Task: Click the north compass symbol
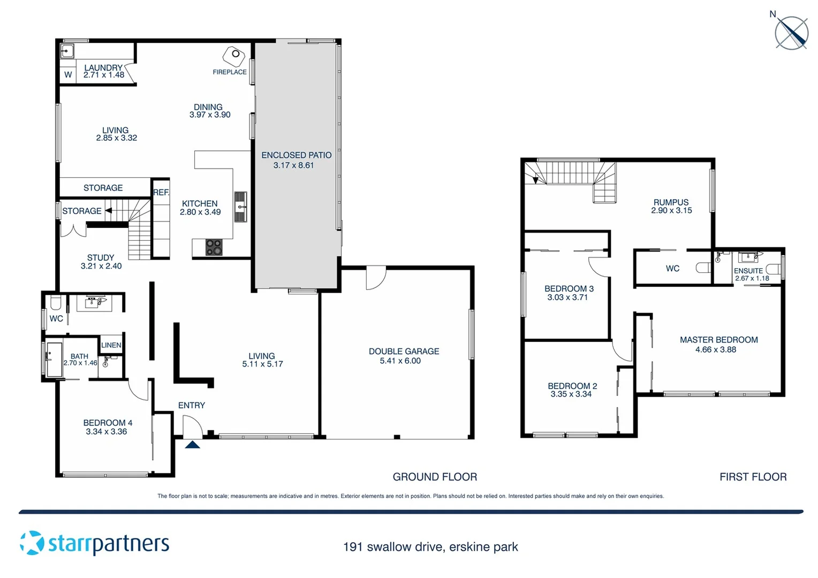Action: pyautogui.click(x=791, y=33)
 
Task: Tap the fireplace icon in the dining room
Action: pyautogui.click(x=234, y=56)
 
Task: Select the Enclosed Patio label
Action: pyautogui.click(x=296, y=155)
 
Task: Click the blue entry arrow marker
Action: pyautogui.click(x=192, y=444)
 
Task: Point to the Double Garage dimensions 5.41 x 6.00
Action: pyautogui.click(x=400, y=361)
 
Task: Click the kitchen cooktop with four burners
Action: pyautogui.click(x=214, y=247)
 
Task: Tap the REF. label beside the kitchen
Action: pyautogui.click(x=161, y=193)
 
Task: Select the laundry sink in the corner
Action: pyautogui.click(x=67, y=51)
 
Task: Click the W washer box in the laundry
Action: pyautogui.click(x=68, y=75)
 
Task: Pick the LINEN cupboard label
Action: pyautogui.click(x=111, y=345)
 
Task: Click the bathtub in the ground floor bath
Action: pyautogui.click(x=54, y=360)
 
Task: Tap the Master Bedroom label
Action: pyautogui.click(x=718, y=340)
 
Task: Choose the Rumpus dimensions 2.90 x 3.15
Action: pyautogui.click(x=671, y=211)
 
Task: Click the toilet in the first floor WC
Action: pyautogui.click(x=703, y=268)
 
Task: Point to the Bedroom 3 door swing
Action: pyautogui.click(x=598, y=267)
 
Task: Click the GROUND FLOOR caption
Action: pyautogui.click(x=434, y=477)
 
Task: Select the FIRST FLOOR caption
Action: pyautogui.click(x=753, y=477)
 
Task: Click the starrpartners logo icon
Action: pyautogui.click(x=32, y=543)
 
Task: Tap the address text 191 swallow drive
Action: pyautogui.click(x=393, y=547)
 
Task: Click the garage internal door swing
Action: pyautogui.click(x=375, y=278)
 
